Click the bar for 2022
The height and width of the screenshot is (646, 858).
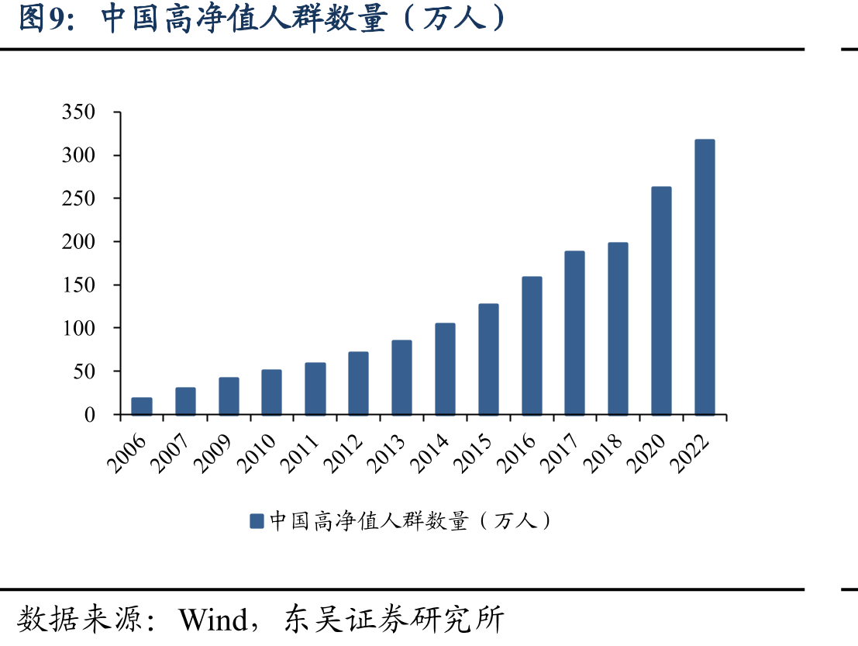[705, 277]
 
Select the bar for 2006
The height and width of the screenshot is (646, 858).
[142, 406]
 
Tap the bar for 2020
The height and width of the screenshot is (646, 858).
[662, 301]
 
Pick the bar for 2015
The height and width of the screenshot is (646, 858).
[488, 360]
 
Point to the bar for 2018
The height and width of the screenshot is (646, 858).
[619, 329]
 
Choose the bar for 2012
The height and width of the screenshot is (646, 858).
[358, 383]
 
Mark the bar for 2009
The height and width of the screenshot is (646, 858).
[229, 396]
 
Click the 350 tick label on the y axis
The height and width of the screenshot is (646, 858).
[78, 112]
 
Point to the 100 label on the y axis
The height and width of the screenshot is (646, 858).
[78, 328]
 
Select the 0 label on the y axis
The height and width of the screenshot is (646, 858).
[90, 415]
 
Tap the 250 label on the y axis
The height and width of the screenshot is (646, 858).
[78, 199]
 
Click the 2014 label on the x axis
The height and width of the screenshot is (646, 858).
[430, 453]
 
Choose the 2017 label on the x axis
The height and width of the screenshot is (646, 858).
[560, 453]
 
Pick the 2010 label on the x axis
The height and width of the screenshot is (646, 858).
[257, 453]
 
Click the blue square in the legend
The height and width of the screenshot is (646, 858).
[257, 520]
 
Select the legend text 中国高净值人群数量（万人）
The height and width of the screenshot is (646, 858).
[410, 520]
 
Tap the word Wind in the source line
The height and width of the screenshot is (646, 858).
[213, 620]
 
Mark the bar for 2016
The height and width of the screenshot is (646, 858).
[532, 346]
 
